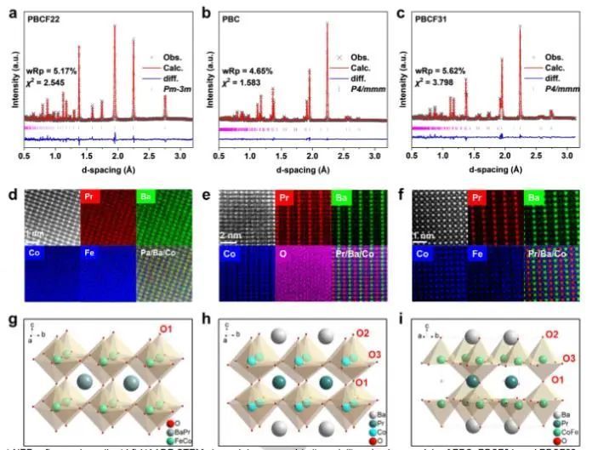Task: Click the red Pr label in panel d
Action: (x=90, y=197)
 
